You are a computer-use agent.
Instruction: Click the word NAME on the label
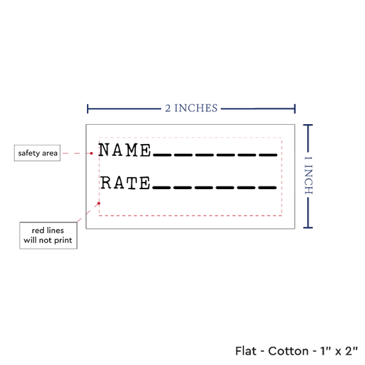click(125, 150)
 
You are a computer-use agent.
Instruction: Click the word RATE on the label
click(125, 183)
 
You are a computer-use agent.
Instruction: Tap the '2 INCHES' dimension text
click(191, 108)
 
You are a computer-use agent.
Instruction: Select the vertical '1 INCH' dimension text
click(309, 175)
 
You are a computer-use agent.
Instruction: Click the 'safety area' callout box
click(37, 153)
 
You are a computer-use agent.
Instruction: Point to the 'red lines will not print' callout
click(48, 236)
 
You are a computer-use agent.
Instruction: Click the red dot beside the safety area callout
click(92, 153)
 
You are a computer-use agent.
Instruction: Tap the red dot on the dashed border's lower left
click(99, 203)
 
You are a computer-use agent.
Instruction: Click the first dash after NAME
click(162, 155)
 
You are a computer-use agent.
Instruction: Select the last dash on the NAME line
click(268, 155)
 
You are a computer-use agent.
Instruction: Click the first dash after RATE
click(161, 188)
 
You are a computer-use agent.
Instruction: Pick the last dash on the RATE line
click(267, 188)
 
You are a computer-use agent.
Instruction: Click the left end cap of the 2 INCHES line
click(88, 109)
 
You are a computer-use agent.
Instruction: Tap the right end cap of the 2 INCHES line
click(295, 109)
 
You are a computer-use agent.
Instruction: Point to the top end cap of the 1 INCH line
click(308, 125)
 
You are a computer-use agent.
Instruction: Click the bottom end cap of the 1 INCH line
click(308, 228)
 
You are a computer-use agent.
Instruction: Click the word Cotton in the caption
click(288, 351)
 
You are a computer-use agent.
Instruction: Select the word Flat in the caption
click(246, 351)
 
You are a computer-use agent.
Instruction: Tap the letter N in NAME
click(104, 149)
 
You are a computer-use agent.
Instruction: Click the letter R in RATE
click(106, 183)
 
